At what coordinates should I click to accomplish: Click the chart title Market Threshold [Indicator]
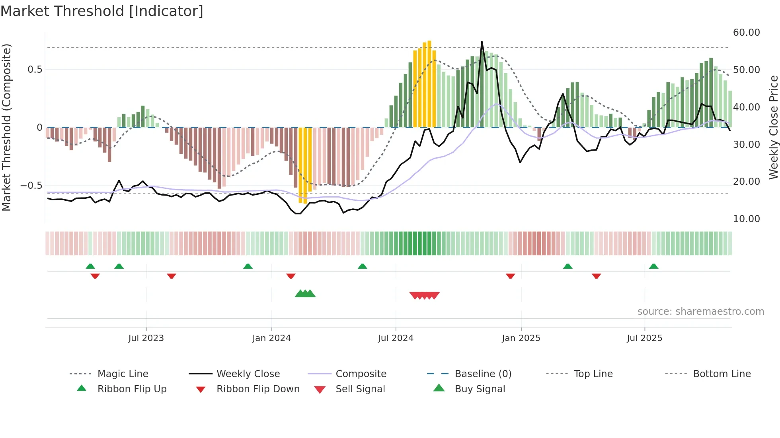point(102,11)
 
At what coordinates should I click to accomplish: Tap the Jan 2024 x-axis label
point(271,338)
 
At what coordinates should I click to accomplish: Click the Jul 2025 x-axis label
point(644,338)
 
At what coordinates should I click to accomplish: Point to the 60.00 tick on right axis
point(746,33)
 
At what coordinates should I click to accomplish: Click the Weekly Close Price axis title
point(773,127)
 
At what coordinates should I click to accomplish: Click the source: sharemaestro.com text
point(700,312)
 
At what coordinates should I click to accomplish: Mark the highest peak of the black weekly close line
point(482,42)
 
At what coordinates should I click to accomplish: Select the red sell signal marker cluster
point(425,295)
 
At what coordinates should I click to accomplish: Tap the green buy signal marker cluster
point(305,294)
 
